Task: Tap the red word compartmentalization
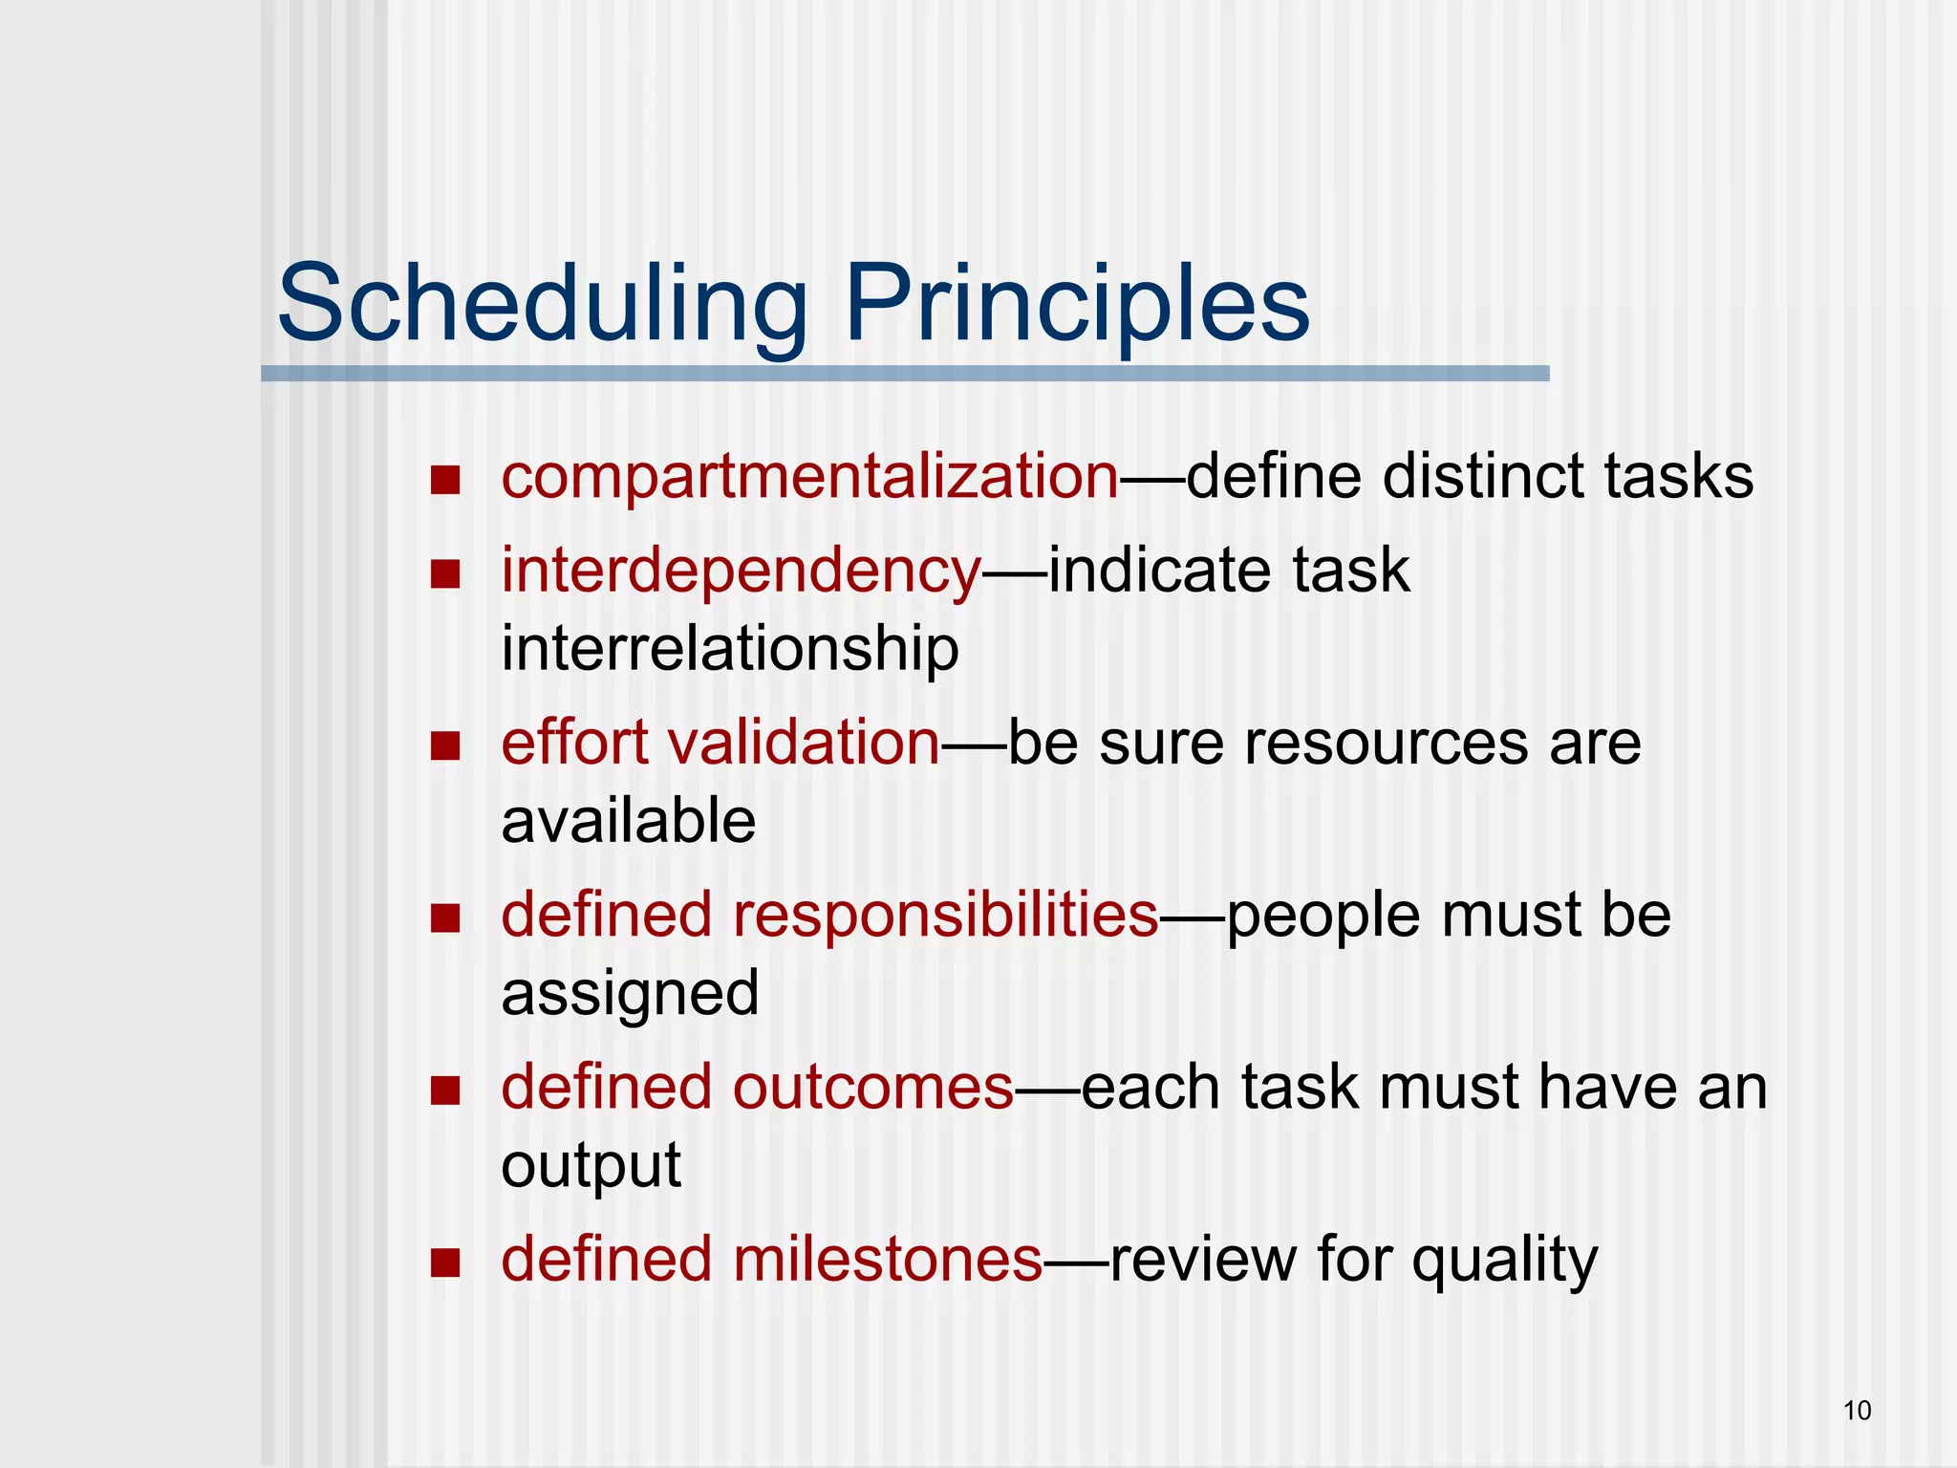pos(809,477)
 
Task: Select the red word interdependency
pos(741,572)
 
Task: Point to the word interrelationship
pos(730,649)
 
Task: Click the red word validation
pos(804,743)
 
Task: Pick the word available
pos(629,821)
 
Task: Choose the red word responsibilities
pos(945,915)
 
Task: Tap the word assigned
pos(630,994)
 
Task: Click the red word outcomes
pos(872,1088)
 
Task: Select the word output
pos(591,1166)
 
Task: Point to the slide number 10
pos(1857,1411)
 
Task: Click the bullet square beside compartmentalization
pos(445,480)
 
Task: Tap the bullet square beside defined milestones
pos(445,1263)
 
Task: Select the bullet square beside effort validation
pos(445,745)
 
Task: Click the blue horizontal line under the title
pos(904,374)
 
